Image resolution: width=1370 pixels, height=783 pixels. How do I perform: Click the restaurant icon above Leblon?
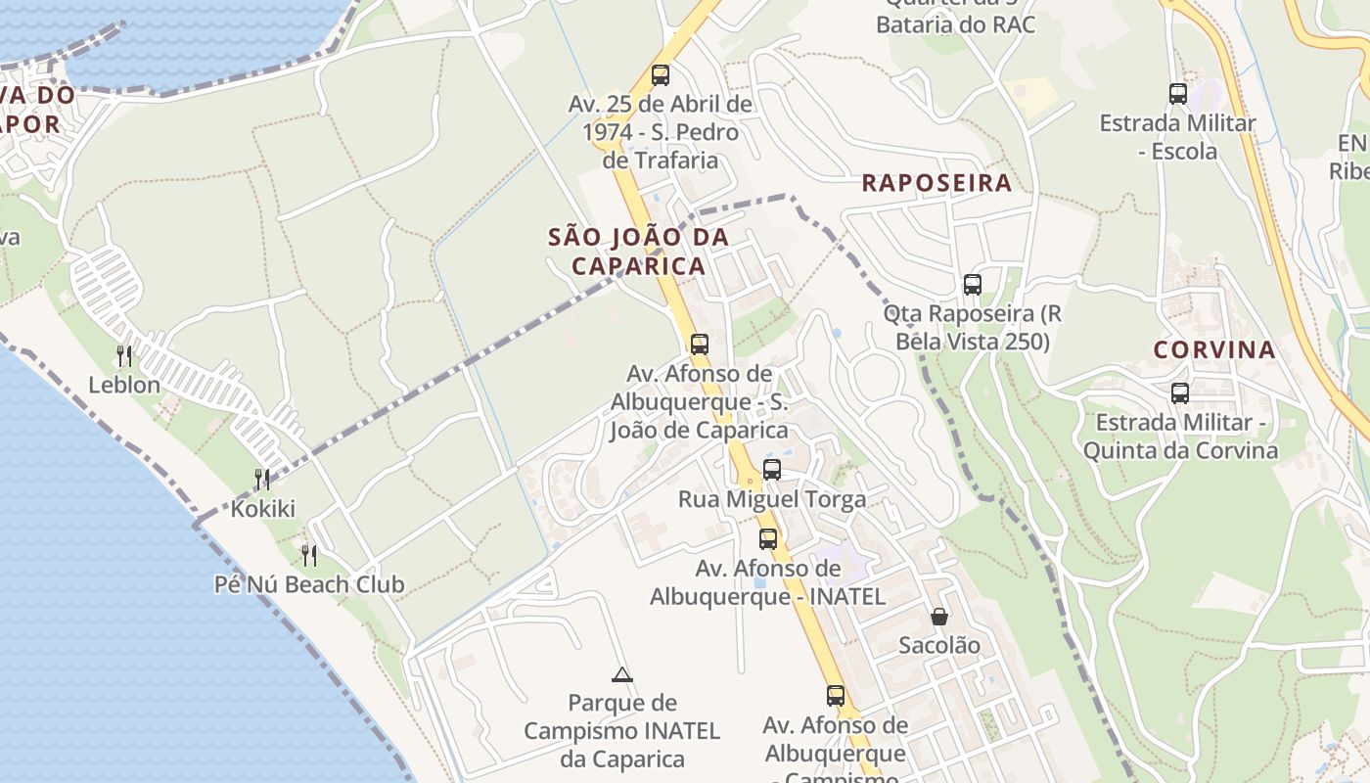(124, 355)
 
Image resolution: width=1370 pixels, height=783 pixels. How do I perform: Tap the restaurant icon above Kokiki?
(262, 479)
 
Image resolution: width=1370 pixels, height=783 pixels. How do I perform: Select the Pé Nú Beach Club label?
(309, 584)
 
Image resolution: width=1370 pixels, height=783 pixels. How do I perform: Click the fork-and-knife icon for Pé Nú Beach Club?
(309, 555)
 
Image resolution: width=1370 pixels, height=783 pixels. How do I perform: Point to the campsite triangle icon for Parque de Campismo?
(621, 674)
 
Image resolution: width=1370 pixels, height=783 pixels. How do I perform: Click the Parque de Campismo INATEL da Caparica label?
(621, 730)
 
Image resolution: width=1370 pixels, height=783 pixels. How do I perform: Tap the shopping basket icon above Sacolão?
(939, 617)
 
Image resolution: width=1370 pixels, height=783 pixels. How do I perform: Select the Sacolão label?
(939, 645)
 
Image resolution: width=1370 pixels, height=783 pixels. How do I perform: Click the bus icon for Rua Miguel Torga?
(772, 470)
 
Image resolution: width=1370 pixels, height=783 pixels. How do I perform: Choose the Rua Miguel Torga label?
(772, 499)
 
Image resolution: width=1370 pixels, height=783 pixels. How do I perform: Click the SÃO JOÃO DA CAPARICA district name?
(638, 252)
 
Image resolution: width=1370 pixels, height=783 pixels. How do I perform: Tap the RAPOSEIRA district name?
(936, 183)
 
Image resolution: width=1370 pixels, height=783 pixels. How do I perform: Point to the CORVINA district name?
(1214, 349)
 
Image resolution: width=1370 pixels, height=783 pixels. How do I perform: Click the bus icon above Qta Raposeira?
(972, 285)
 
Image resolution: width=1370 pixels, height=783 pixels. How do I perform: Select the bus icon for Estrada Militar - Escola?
(1178, 94)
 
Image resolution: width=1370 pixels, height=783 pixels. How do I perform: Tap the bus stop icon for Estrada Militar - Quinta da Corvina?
(1180, 393)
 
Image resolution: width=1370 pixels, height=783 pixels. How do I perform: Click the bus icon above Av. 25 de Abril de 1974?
(661, 74)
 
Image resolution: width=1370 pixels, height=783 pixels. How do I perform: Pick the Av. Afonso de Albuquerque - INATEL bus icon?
(768, 538)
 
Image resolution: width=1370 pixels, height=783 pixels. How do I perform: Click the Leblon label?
(124, 385)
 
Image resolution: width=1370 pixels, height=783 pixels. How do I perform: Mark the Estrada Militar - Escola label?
(1178, 137)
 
